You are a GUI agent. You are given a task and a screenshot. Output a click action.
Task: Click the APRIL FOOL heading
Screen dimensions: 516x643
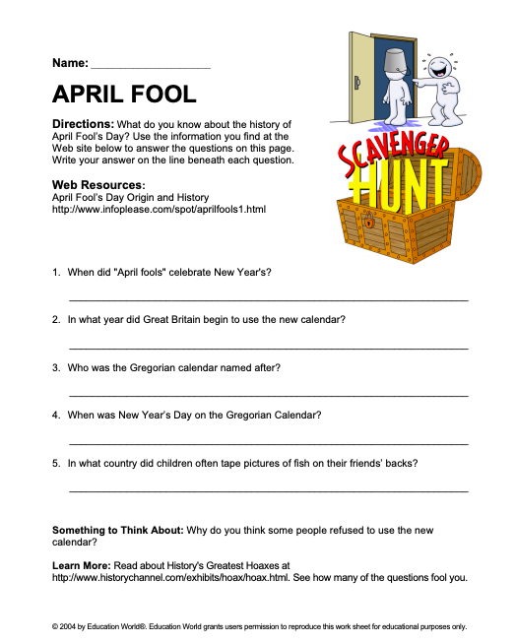tap(124, 94)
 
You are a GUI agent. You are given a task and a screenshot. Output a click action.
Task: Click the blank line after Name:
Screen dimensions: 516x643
tap(150, 65)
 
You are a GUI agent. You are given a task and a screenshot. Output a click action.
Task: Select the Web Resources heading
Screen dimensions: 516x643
tap(98, 185)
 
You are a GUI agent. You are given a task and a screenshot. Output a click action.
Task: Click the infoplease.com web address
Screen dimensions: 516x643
tap(159, 209)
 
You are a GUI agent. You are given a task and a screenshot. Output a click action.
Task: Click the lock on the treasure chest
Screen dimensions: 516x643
tap(370, 222)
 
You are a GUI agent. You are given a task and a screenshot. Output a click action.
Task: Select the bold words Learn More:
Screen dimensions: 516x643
tap(83, 566)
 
